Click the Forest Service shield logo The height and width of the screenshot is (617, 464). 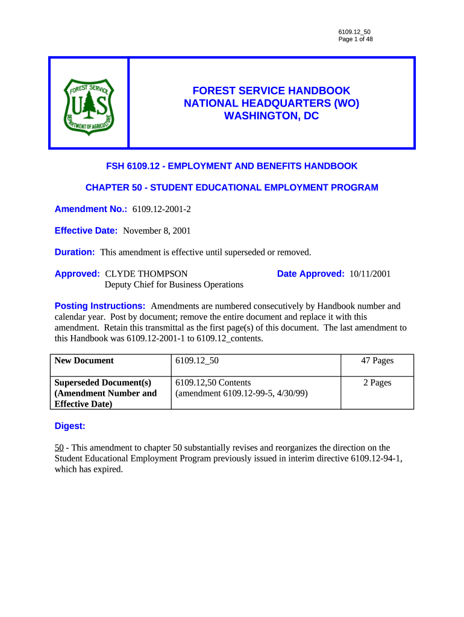pyautogui.click(x=89, y=104)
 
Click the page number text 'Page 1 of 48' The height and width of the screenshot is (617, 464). pyautogui.click(x=356, y=40)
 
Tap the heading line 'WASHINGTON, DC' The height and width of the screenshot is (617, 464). pyautogui.click(x=271, y=116)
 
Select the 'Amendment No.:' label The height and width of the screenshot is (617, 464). pyautogui.click(x=87, y=209)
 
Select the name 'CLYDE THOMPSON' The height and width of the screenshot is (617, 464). pyautogui.click(x=146, y=274)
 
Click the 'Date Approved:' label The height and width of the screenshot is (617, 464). pyautogui.click(x=310, y=274)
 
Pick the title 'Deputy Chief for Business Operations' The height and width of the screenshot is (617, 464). pyautogui.click(x=174, y=284)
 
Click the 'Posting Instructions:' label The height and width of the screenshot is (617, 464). pyautogui.click(x=100, y=306)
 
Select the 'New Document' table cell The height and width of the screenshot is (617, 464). pyautogui.click(x=84, y=360)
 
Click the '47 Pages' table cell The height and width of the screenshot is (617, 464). pyautogui.click(x=377, y=360)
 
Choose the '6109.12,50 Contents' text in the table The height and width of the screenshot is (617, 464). pyautogui.click(x=213, y=383)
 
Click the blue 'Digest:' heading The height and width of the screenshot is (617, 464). pyautogui.click(x=70, y=426)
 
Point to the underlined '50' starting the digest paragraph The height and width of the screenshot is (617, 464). pyautogui.click(x=59, y=448)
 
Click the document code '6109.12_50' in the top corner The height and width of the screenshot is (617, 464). pyautogui.click(x=354, y=31)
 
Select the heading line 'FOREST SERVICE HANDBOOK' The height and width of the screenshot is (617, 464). pyautogui.click(x=271, y=90)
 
